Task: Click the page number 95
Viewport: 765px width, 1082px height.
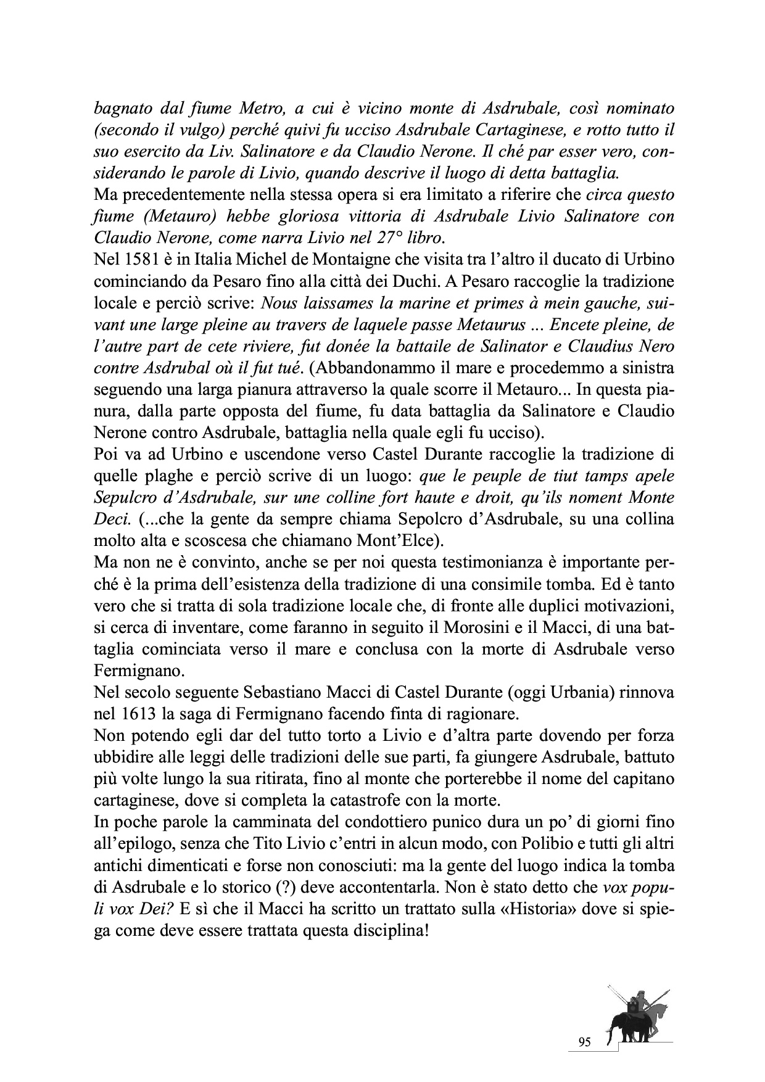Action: pos(585,1043)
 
